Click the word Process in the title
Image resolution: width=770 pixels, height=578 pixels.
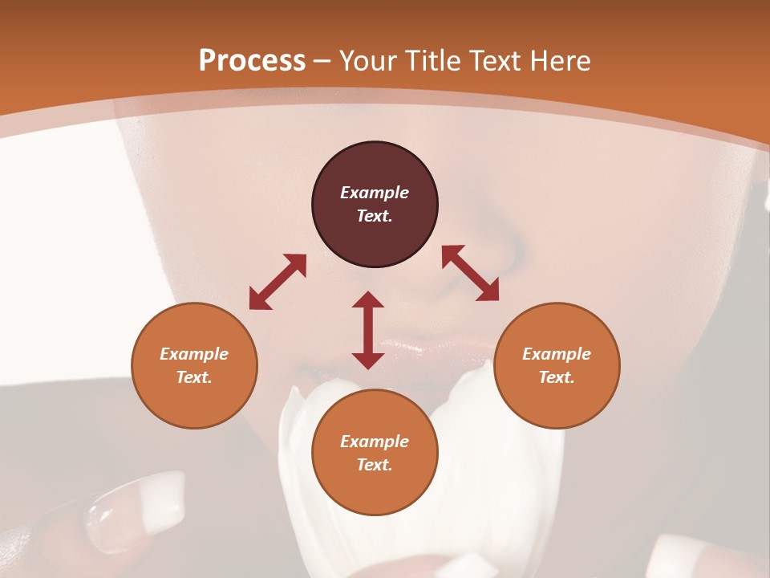[x=252, y=61]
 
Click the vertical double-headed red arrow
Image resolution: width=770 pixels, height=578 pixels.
[x=368, y=330]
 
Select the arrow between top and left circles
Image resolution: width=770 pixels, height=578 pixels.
[x=278, y=282]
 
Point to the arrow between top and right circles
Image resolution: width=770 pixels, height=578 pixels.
[x=470, y=273]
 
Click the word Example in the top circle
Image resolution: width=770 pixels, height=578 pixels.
[x=375, y=193]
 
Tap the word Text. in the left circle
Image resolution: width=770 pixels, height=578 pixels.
[x=194, y=377]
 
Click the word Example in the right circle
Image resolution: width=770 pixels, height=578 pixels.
[x=557, y=354]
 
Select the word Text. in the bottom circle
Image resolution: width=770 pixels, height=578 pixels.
[x=375, y=465]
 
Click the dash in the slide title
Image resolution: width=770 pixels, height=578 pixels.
[x=322, y=61]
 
